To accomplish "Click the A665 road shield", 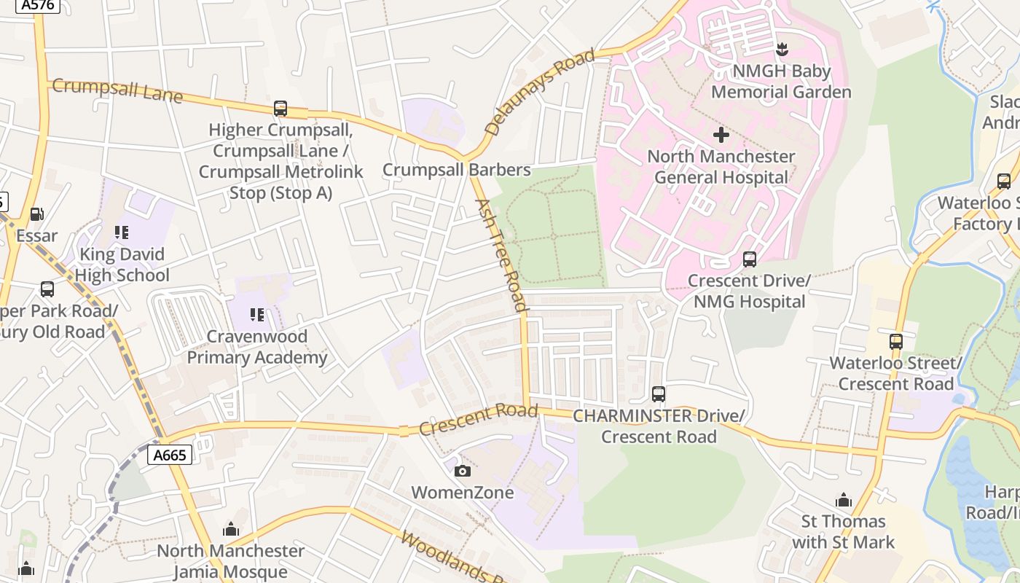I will (x=170, y=455).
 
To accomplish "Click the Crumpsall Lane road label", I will (x=117, y=91).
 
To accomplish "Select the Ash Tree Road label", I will (x=501, y=254).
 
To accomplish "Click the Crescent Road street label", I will (x=478, y=419).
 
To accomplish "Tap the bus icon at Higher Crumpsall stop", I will (x=280, y=109).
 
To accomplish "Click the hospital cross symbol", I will (x=721, y=135).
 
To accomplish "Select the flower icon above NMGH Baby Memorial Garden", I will (x=782, y=50).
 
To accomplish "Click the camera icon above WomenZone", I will (x=462, y=472).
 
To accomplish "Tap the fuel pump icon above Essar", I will (x=36, y=214).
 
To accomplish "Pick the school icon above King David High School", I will (x=122, y=232).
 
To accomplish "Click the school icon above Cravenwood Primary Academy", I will (x=256, y=315).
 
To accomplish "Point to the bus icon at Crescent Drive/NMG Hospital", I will (x=749, y=259).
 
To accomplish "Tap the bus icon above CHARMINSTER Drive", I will (x=659, y=394).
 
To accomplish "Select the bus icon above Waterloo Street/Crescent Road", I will (x=896, y=341).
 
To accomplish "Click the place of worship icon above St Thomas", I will (x=844, y=500).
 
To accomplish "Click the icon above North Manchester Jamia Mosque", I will (x=231, y=529).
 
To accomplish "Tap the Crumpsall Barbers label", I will (x=457, y=170).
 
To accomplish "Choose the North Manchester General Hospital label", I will (x=721, y=167).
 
